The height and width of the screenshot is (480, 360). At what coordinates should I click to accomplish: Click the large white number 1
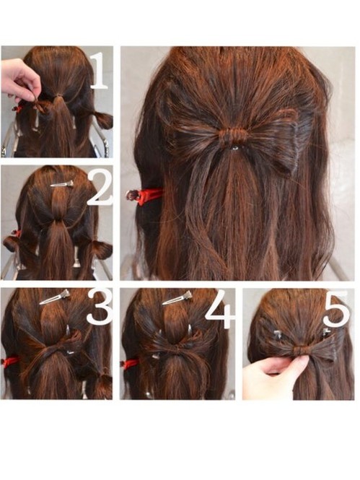pyautogui.click(x=100, y=71)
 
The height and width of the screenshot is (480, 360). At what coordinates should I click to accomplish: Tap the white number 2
pyautogui.click(x=100, y=188)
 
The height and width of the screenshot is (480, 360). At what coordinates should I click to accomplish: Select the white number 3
pyautogui.click(x=100, y=307)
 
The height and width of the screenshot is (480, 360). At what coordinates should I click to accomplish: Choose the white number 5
pyautogui.click(x=336, y=309)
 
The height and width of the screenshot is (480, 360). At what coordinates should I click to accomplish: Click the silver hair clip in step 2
pyautogui.click(x=62, y=183)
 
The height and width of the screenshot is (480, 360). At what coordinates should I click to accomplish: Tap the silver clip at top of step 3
pyautogui.click(x=55, y=297)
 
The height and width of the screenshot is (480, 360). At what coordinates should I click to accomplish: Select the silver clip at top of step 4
pyautogui.click(x=177, y=298)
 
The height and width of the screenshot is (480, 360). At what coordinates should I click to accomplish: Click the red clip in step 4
pyautogui.click(x=130, y=364)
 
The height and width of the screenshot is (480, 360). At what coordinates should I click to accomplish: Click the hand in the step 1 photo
pyautogui.click(x=19, y=80)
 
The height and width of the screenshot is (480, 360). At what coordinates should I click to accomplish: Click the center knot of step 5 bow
pyautogui.click(x=302, y=350)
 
